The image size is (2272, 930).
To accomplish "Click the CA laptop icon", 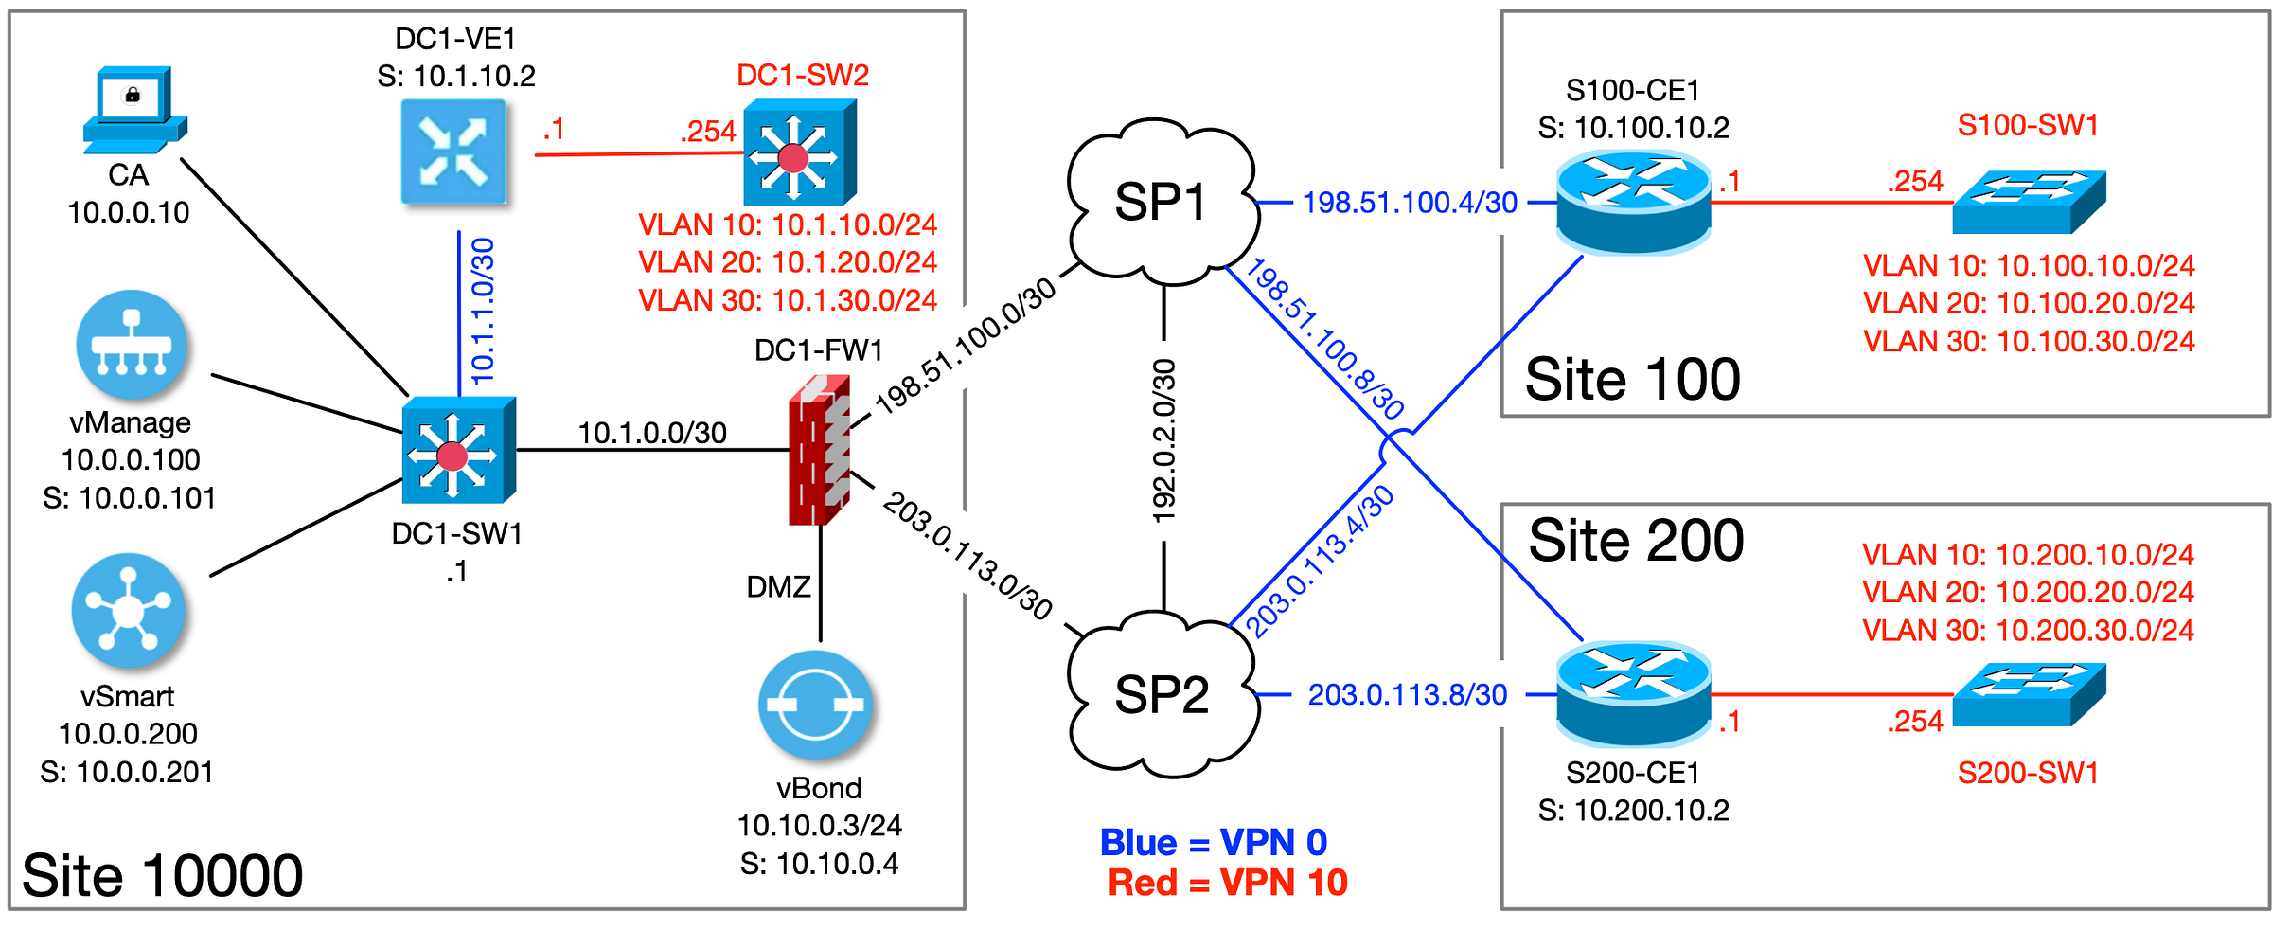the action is point(134,110).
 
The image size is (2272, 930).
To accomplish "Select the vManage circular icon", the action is point(132,345).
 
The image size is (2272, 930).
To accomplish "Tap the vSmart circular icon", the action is point(128,610).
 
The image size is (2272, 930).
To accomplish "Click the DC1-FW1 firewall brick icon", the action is point(820,449).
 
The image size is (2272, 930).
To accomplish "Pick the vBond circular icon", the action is point(815,705).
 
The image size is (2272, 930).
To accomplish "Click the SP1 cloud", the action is point(1163,202).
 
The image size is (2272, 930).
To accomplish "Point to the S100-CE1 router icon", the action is point(1634,204).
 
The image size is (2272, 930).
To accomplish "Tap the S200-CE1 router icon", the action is point(1634,693).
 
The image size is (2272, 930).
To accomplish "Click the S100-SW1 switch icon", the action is point(2029,202).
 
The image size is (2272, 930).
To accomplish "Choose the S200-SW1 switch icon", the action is point(2029,694).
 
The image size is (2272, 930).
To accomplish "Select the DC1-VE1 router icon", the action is point(453,152).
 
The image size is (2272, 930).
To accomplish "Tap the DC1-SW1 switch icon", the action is point(459,450).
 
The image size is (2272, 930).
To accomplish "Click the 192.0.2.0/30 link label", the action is point(1163,440).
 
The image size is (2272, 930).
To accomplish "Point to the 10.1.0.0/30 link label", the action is point(652,433).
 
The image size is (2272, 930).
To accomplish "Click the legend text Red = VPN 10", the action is point(1228,883).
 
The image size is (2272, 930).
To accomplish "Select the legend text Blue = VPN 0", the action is point(1214,842).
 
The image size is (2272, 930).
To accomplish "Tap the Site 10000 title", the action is point(162,875).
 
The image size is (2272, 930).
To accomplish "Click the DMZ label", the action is point(778,587).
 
